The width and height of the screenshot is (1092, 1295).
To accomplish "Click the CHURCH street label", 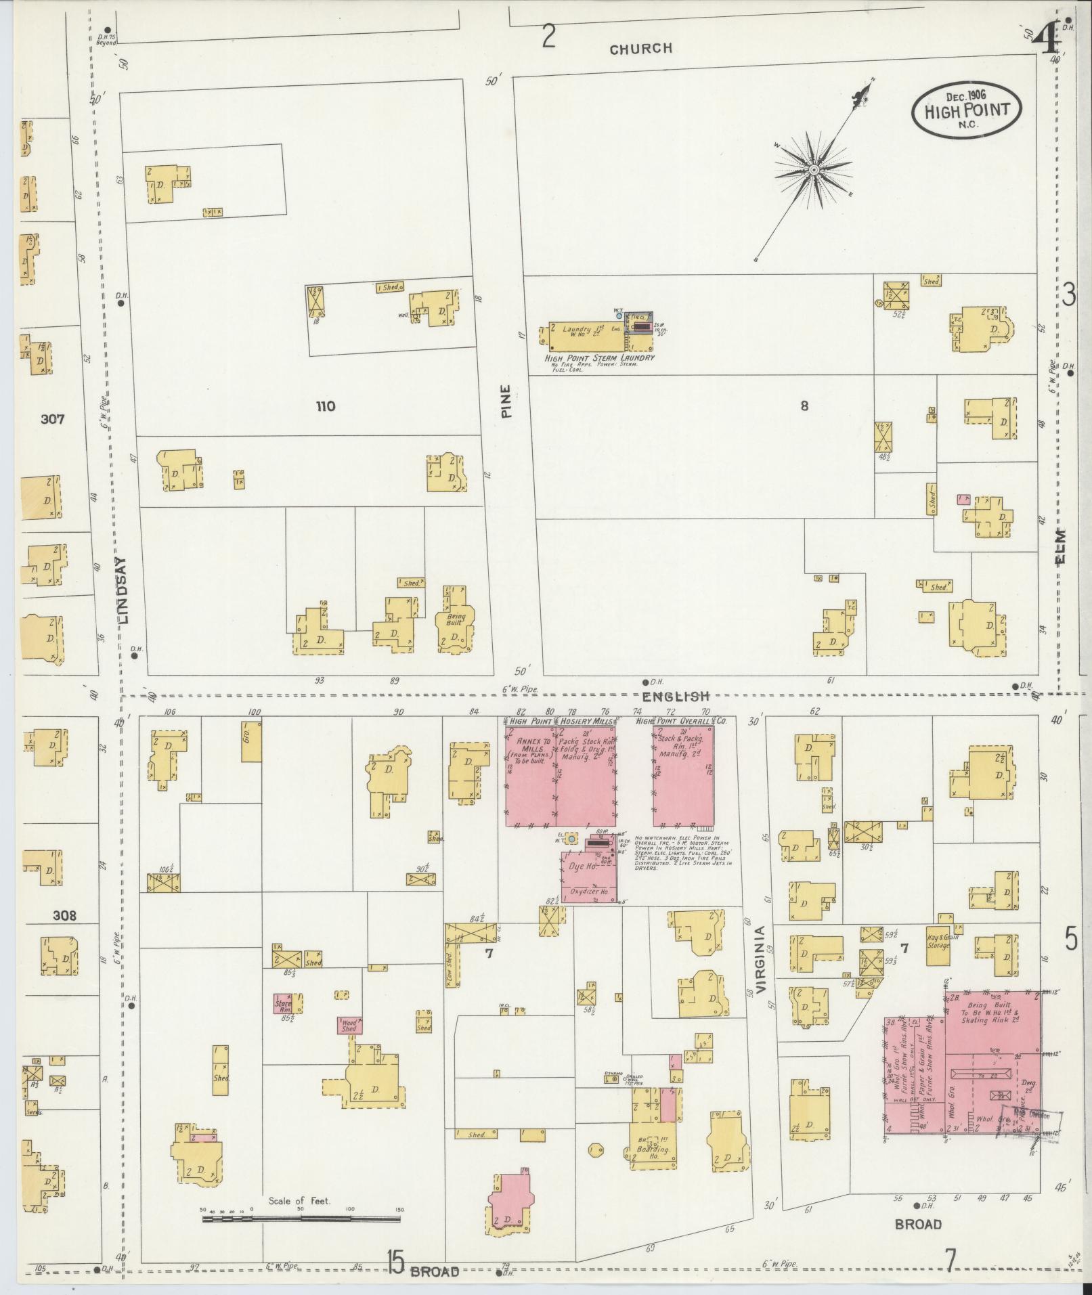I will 640,49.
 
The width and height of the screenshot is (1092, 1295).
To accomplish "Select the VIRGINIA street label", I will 760,959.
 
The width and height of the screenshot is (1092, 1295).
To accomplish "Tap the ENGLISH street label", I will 675,696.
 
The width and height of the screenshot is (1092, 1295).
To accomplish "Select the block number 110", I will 325,406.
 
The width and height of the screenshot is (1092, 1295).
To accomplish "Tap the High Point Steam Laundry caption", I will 599,357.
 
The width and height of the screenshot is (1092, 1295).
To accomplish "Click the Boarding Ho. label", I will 655,1149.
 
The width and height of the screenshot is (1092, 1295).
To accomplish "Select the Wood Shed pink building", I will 349,1026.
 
